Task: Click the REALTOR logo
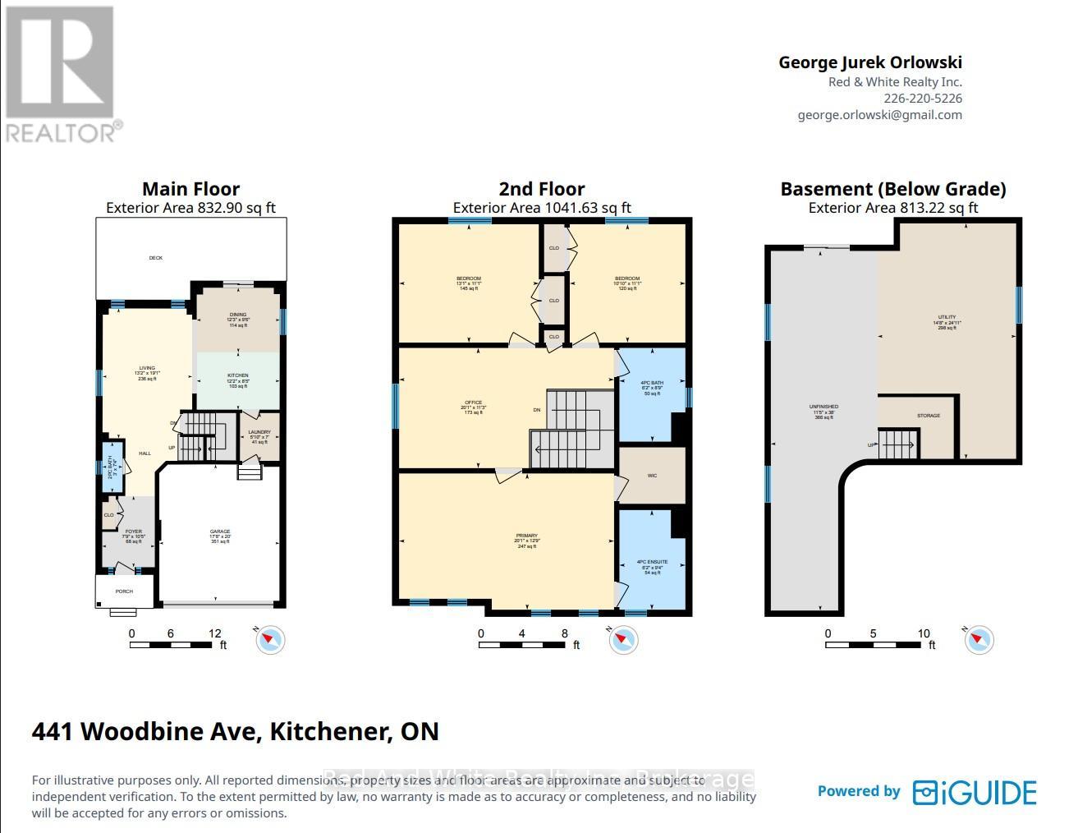[x=62, y=74]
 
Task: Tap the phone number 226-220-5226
[x=923, y=99]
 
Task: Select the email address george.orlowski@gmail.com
[x=879, y=115]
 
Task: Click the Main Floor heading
[x=190, y=189]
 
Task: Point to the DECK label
[x=156, y=258]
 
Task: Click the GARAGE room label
[x=220, y=532]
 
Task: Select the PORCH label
[x=124, y=591]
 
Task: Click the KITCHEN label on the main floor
[x=238, y=376]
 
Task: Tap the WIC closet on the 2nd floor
[x=652, y=476]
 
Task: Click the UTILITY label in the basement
[x=947, y=317]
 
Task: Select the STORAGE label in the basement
[x=929, y=416]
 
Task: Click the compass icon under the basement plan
[x=979, y=639]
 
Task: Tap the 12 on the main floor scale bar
[x=215, y=633]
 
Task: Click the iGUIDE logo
[x=975, y=792]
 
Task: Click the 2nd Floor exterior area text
[x=542, y=208]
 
